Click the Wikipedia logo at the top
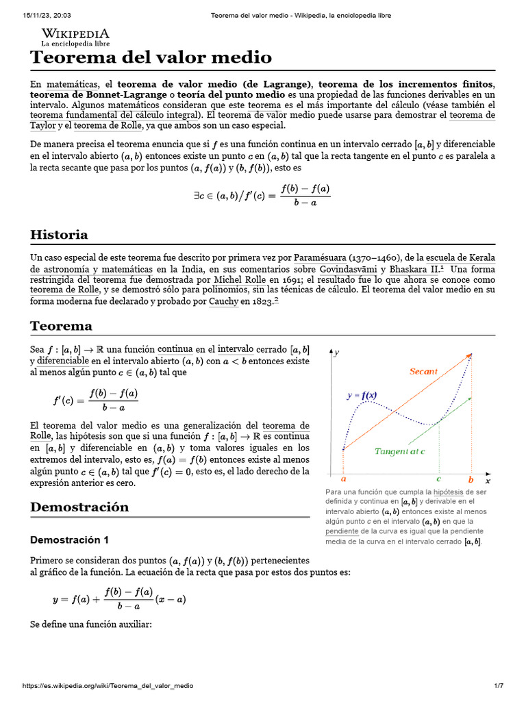[75, 36]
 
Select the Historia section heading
[59, 235]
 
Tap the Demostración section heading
[79, 507]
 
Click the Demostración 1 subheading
[69, 539]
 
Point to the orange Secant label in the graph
[423, 372]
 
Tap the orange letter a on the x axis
[343, 481]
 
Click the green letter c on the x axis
[438, 481]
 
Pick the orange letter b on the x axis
[471, 481]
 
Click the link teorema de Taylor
[472, 115]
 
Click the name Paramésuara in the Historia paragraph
[321, 258]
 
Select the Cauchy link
[223, 302]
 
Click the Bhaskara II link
[414, 269]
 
